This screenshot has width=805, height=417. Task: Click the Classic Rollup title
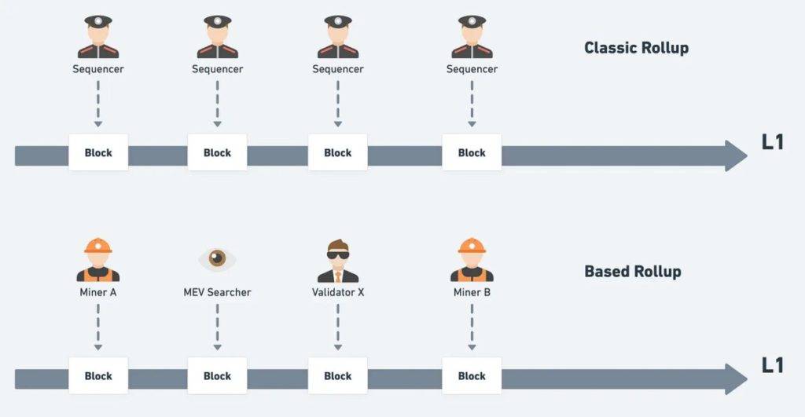(636, 48)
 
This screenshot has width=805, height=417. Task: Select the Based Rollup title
(633, 272)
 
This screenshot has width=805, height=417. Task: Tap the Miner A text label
(98, 292)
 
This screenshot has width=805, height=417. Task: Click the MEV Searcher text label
(217, 292)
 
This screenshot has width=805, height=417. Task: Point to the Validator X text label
(338, 292)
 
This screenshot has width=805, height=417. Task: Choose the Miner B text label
(472, 292)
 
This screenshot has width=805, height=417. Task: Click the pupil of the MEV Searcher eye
(217, 257)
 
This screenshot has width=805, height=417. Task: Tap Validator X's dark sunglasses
(338, 254)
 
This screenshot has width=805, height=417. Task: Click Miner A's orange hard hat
(98, 246)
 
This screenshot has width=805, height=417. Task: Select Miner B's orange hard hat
(472, 246)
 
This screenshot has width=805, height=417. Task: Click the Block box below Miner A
(98, 376)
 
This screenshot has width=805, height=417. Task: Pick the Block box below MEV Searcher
(217, 376)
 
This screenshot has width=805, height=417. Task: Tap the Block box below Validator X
(338, 376)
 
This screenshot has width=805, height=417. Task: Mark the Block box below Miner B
(472, 376)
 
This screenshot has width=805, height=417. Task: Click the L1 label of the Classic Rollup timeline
(773, 142)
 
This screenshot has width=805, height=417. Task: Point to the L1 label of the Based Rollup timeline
(773, 365)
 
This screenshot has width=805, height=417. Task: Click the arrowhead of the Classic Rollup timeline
(736, 156)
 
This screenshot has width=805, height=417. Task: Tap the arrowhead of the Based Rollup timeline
(736, 379)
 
